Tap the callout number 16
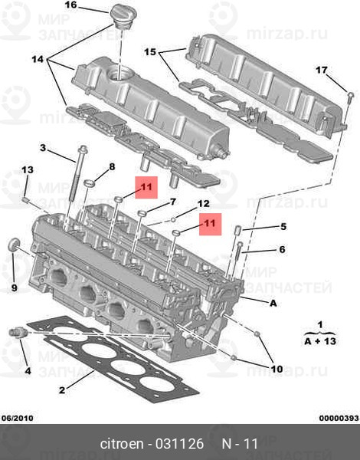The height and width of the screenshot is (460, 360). (70, 5)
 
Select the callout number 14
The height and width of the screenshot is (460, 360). (38, 60)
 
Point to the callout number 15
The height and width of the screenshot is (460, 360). (150, 52)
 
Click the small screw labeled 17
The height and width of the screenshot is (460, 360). (350, 97)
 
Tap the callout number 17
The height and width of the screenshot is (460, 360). (321, 70)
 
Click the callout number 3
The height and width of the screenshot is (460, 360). (43, 147)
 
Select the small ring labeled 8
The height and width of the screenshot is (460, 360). (89, 184)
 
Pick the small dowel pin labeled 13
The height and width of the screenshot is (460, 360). (25, 199)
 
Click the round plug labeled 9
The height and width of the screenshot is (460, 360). (14, 245)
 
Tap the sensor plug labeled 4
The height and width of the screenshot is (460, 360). (18, 333)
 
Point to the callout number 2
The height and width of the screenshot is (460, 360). (62, 390)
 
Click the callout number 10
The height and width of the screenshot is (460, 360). (277, 369)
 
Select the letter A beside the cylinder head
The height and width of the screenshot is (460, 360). (273, 303)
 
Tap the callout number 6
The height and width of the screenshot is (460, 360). (282, 249)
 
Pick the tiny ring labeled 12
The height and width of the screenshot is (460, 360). (173, 219)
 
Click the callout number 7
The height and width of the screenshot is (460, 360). (173, 202)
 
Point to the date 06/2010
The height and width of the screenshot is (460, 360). (18, 418)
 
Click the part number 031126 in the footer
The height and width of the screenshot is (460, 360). (179, 444)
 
